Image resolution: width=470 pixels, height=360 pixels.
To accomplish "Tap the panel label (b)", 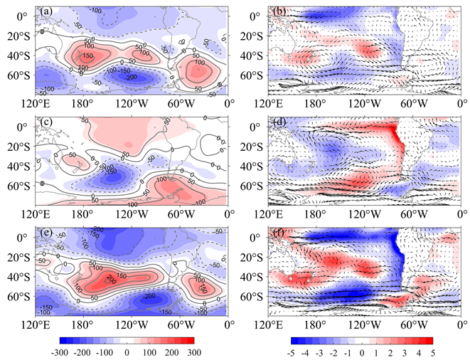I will [278, 11].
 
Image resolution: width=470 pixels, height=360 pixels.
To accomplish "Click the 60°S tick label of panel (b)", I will [252, 75].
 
